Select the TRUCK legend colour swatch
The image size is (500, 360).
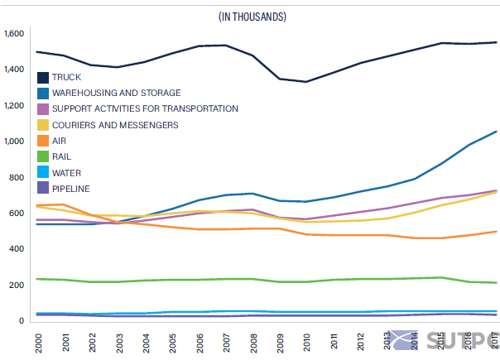(41, 78)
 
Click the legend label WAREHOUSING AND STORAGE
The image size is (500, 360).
(116, 94)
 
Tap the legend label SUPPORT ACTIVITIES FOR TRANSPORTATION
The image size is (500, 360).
(145, 109)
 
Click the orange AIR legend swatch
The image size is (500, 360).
(41, 142)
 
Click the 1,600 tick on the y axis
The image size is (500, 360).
(15, 34)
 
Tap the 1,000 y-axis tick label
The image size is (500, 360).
(15, 142)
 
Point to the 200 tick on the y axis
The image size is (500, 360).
(18, 285)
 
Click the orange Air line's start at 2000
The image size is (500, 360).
(37, 205)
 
